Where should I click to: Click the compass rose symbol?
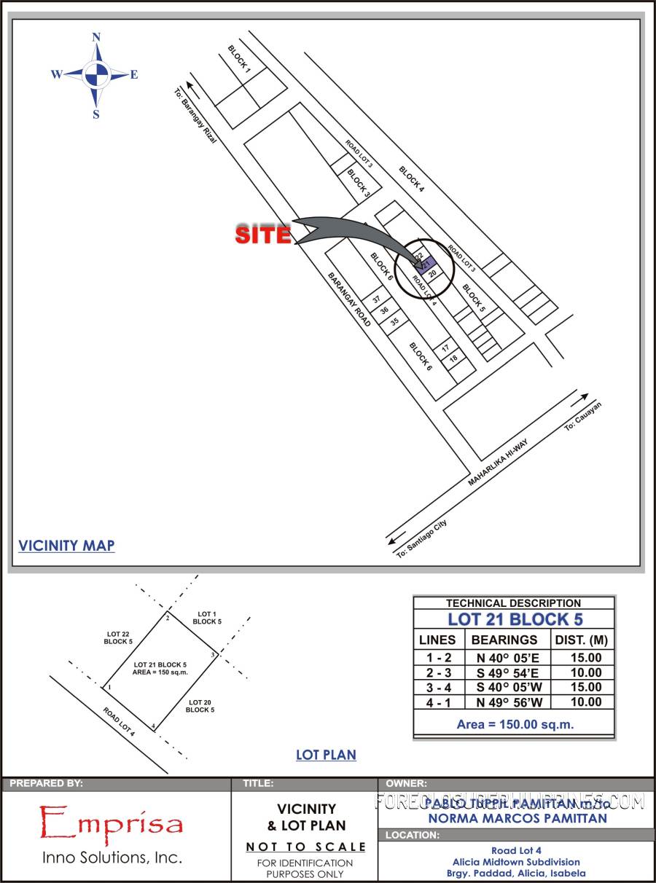point(95,74)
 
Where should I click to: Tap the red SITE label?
point(262,235)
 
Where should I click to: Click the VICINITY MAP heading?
point(66,545)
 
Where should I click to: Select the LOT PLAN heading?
point(326,755)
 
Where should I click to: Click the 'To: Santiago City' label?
point(422,540)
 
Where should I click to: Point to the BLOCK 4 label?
point(411,179)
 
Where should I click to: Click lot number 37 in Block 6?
point(377,300)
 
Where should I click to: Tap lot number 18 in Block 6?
point(453,359)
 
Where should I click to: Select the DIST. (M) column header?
point(582,640)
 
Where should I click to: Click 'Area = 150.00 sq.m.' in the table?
point(515,724)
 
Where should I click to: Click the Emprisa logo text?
point(111,823)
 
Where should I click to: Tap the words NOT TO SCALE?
point(305,847)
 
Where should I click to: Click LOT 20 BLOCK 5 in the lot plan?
point(200,705)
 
